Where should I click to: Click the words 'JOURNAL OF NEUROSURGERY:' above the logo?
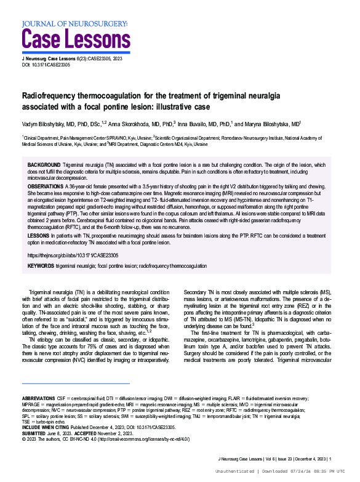pyautogui.click(x=75, y=23)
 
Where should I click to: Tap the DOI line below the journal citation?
pyautogui.click(x=47, y=65)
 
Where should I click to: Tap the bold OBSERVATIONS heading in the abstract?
pyautogui.click(x=46, y=185)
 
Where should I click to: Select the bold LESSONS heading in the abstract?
pyautogui.click(x=39, y=236)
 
